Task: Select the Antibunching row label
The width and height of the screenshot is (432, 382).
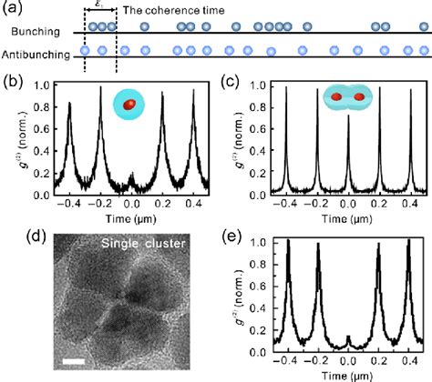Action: [x=36, y=55]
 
